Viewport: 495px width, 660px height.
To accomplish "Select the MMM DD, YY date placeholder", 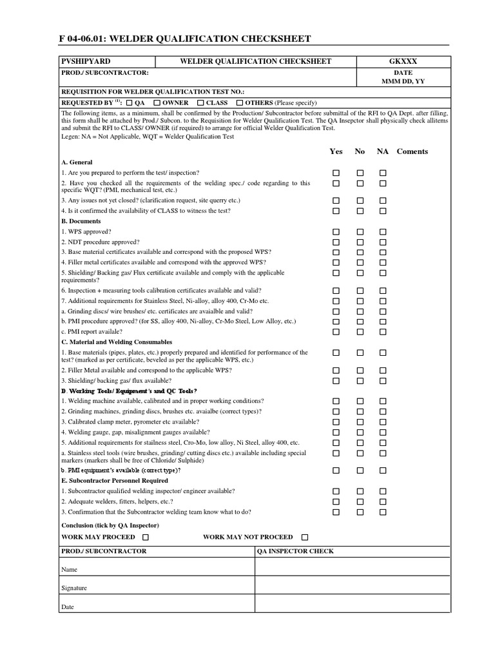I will coord(403,82).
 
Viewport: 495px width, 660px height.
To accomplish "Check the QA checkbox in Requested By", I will coord(129,103).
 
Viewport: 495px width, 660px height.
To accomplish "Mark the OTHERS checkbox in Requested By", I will coord(240,103).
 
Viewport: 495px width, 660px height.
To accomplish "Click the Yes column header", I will coord(336,151).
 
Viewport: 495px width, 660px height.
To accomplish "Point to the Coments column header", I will coord(412,151).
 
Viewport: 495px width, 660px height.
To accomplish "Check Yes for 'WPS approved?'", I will coord(336,231).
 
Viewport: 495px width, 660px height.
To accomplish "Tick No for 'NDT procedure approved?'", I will coord(360,242).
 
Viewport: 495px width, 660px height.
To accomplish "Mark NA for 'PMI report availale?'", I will coord(383,332).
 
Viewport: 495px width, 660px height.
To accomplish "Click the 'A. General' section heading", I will coord(77,162).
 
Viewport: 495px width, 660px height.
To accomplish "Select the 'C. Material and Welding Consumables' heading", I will coord(117,342).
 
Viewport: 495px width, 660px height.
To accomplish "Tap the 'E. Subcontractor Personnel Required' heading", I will coord(115,481).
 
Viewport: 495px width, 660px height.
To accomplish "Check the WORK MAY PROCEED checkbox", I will coord(146,537).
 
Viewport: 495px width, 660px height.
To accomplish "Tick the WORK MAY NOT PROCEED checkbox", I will coord(306,537).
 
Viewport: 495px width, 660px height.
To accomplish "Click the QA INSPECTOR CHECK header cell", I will coord(295,552).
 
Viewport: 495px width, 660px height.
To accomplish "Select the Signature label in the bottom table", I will coord(74,588).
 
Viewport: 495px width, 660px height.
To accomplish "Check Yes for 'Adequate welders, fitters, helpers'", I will coord(336,501).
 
